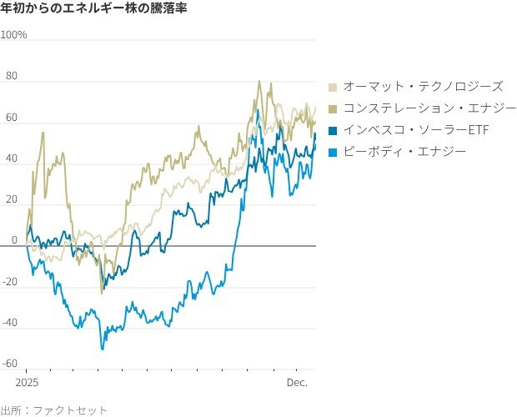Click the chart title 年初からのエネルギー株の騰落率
(x=93, y=9)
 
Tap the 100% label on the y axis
(x=14, y=35)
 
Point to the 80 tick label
(x=12, y=77)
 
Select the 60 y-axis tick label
(x=12, y=118)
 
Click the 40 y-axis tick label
(x=12, y=158)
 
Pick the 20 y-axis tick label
(x=12, y=199)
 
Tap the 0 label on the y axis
(x=14, y=240)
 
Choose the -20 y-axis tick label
(x=10, y=281)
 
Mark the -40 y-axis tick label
(x=10, y=322)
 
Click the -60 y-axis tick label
(x=10, y=363)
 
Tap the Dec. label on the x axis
(x=298, y=383)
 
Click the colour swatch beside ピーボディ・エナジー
(x=334, y=152)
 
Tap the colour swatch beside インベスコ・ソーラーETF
(x=334, y=130)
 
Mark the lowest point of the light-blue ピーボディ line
(x=103, y=349)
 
